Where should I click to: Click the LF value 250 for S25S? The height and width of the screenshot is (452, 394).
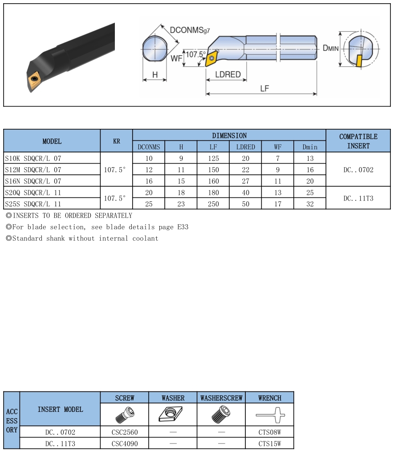pyautogui.click(x=213, y=204)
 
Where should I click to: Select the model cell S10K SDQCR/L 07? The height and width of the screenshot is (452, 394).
pyautogui.click(x=33, y=158)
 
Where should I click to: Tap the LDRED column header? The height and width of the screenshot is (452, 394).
pyautogui.click(x=245, y=147)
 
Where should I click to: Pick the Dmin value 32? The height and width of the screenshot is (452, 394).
pyautogui.click(x=310, y=204)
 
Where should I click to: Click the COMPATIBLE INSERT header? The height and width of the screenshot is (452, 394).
pyautogui.click(x=358, y=141)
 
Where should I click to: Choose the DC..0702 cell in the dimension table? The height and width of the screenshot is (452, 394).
pyautogui.click(x=358, y=170)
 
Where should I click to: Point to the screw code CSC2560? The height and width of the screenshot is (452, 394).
pyautogui.click(x=125, y=432)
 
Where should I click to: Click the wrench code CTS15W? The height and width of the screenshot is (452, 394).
pyautogui.click(x=269, y=444)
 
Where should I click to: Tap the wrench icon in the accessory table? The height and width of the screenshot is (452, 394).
pyautogui.click(x=269, y=415)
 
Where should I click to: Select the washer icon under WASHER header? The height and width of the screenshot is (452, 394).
pyautogui.click(x=173, y=415)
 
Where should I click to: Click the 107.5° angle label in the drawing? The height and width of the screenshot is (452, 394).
pyautogui.click(x=196, y=54)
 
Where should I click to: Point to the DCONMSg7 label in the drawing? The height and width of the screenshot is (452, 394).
pyautogui.click(x=190, y=30)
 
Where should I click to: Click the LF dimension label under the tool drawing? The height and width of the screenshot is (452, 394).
pyautogui.click(x=264, y=88)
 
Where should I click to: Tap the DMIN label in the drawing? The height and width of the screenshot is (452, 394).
pyautogui.click(x=330, y=48)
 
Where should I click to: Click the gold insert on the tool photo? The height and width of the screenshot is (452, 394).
pyautogui.click(x=35, y=79)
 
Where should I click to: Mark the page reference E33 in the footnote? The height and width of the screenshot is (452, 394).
pyautogui.click(x=183, y=227)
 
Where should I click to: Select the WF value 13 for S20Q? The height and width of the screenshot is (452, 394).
pyautogui.click(x=278, y=193)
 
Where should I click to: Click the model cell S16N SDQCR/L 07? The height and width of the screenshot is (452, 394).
pyautogui.click(x=33, y=181)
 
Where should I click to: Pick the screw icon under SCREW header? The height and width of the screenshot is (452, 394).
pyautogui.click(x=124, y=415)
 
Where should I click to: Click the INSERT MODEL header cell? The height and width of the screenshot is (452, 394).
pyautogui.click(x=60, y=409)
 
